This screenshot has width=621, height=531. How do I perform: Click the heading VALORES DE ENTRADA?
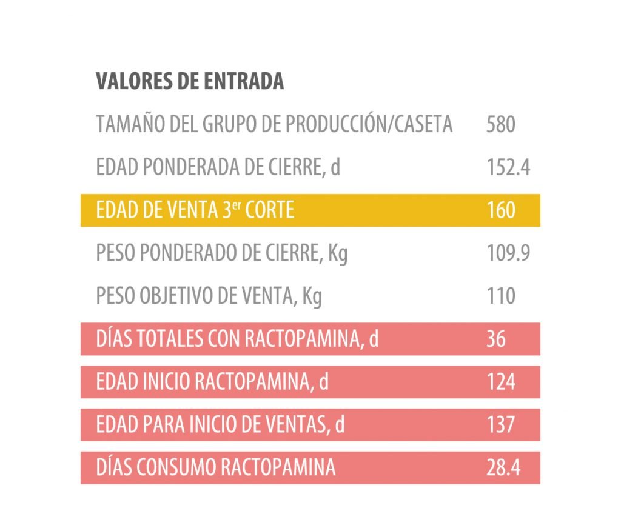pyautogui.click(x=190, y=81)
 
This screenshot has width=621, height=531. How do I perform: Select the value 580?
pyautogui.click(x=500, y=125)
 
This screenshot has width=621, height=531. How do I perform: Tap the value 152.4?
pyautogui.click(x=508, y=167)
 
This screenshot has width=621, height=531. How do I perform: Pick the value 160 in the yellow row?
pyautogui.click(x=500, y=210)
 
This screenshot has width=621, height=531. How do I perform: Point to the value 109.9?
pyautogui.click(x=508, y=253)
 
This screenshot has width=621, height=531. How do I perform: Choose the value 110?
pyautogui.click(x=500, y=296)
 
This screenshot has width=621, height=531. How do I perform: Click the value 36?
pyautogui.click(x=495, y=339)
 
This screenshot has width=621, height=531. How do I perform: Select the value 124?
pyautogui.click(x=500, y=382)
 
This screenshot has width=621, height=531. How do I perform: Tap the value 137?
pyautogui.click(x=500, y=424)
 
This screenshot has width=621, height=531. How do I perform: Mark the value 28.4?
pyautogui.click(x=503, y=467)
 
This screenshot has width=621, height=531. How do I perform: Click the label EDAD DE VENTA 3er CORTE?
pyautogui.click(x=195, y=210)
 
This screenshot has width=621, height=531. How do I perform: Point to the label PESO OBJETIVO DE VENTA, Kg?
pyautogui.click(x=209, y=296)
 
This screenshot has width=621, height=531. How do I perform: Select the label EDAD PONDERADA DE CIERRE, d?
pyautogui.click(x=218, y=167)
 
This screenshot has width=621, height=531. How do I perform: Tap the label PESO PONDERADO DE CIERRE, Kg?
pyautogui.click(x=222, y=253)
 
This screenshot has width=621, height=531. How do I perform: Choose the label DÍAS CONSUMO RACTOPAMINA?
pyautogui.click(x=215, y=467)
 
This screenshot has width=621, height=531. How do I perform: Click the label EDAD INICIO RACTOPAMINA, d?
pyautogui.click(x=212, y=382)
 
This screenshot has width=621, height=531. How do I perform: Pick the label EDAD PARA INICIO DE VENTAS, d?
pyautogui.click(x=220, y=424)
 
